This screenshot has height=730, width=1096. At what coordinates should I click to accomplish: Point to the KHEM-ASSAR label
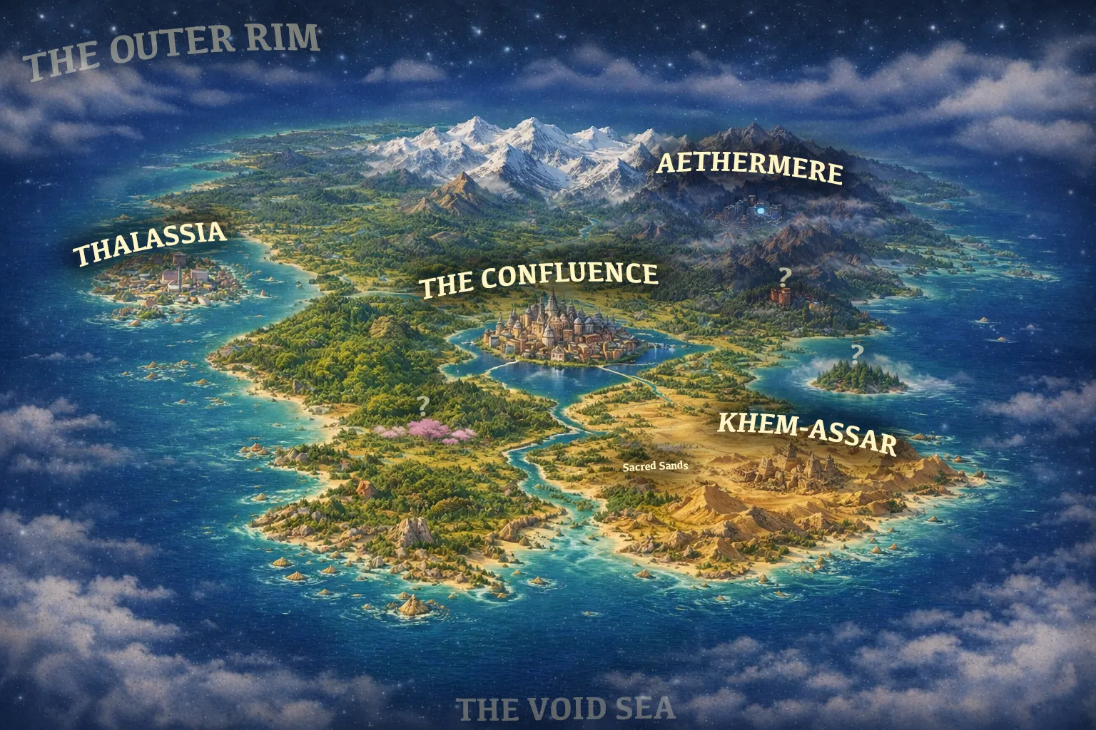(x=806, y=432)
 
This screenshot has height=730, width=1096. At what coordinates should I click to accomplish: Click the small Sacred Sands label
(x=655, y=466)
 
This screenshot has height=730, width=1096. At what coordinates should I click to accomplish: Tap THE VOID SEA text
(x=564, y=709)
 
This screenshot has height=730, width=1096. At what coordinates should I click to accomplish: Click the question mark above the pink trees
(x=423, y=406)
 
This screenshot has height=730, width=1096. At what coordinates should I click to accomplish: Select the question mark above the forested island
(x=856, y=352)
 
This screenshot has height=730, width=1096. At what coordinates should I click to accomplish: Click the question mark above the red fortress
(x=785, y=275)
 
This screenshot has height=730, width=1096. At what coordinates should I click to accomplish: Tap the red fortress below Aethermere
(x=783, y=295)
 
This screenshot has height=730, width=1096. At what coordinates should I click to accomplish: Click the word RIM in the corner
(x=282, y=40)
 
